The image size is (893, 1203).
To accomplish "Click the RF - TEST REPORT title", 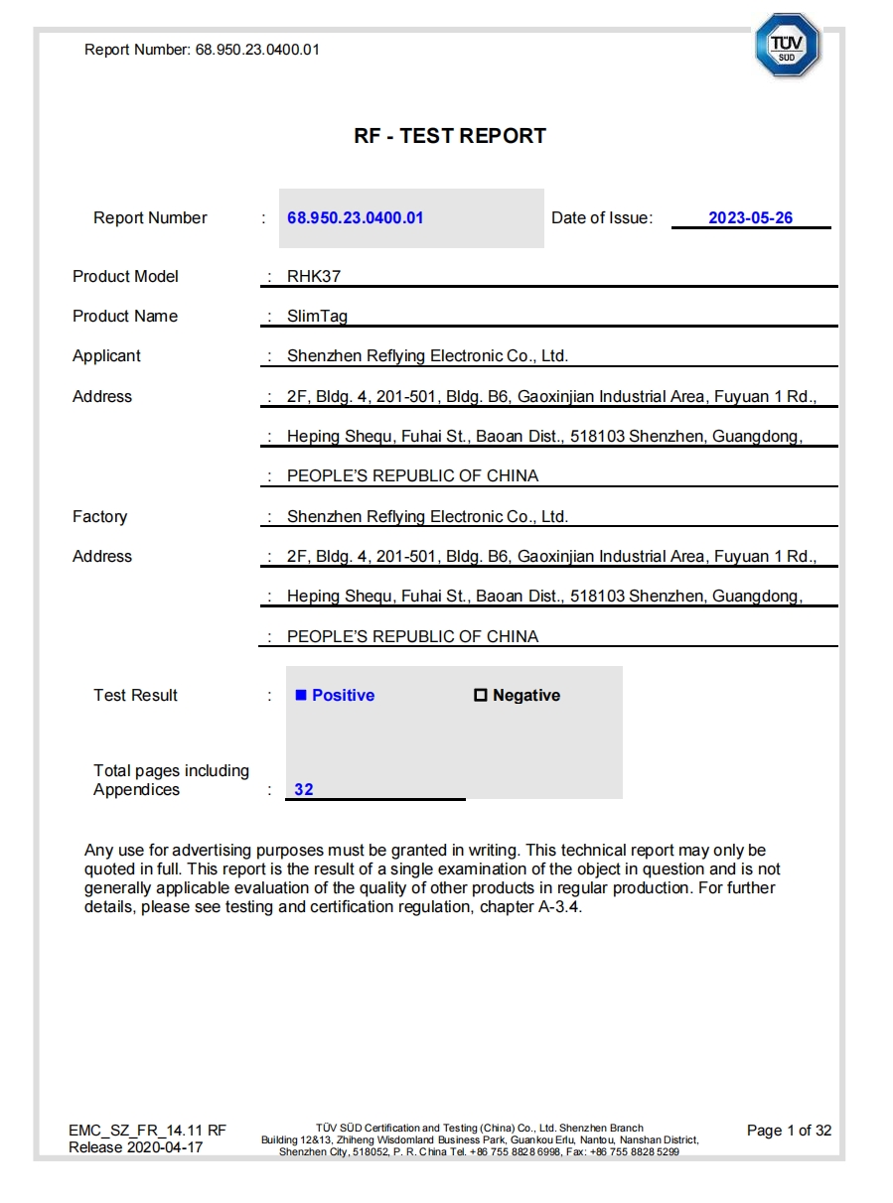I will [450, 136].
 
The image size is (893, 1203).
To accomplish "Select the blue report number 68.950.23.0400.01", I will [356, 218].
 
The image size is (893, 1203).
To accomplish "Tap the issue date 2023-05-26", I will [750, 218].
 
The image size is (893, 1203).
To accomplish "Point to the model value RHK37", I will [314, 277].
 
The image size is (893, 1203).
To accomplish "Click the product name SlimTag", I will [317, 317].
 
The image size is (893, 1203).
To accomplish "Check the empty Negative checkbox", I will [481, 696].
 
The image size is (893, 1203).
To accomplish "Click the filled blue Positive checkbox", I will [301, 696].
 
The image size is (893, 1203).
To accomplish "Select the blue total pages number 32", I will [304, 790].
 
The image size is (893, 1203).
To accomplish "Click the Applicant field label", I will [106, 356].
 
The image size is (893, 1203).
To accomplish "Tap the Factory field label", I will [99, 517].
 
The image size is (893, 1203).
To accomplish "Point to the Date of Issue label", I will [602, 218].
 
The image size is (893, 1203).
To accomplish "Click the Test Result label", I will [135, 696].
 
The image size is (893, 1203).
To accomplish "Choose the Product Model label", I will [125, 277].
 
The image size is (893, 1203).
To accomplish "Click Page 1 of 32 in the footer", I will [789, 1131].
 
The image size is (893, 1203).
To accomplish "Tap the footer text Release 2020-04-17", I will [135, 1147].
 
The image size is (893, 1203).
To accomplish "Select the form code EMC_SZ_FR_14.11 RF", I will [147, 1131].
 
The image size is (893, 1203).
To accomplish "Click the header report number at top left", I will [202, 50].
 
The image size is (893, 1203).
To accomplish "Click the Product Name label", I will [125, 317].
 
